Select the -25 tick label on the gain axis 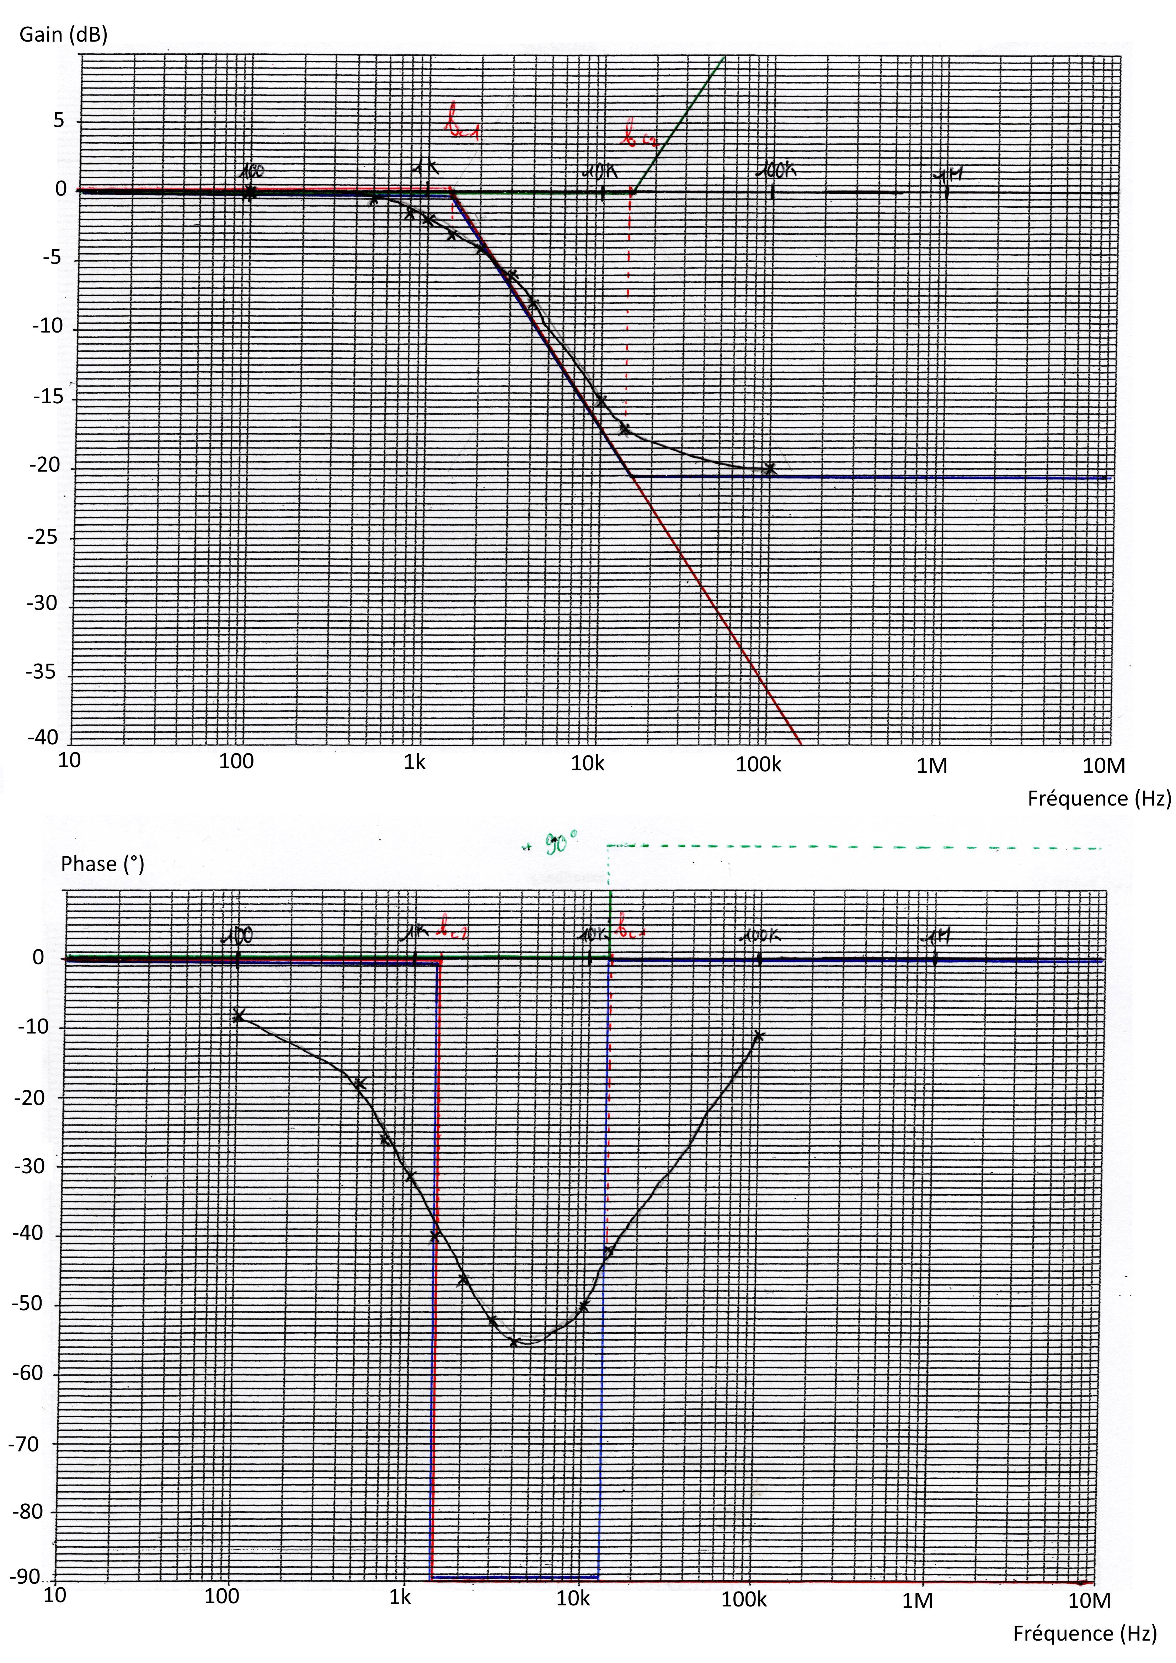click(42, 537)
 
